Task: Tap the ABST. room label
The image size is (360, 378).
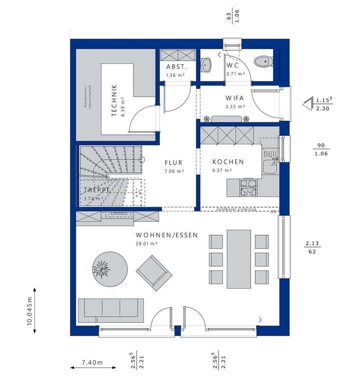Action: pos(176,66)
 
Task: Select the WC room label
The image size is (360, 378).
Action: pos(232,66)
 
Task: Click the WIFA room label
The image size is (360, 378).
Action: pos(234,98)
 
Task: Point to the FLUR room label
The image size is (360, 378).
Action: pos(174,163)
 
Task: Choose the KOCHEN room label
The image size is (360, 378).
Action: pos(228,162)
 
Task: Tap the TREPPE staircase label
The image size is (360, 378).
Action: pos(94,190)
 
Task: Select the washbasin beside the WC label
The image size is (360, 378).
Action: pos(207,64)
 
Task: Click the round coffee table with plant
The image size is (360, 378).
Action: pos(107,269)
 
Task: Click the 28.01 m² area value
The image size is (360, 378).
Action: pos(146,244)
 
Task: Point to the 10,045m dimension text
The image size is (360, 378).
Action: pos(29,311)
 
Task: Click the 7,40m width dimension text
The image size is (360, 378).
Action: pos(93,362)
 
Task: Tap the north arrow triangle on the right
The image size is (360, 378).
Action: pos(306,105)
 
